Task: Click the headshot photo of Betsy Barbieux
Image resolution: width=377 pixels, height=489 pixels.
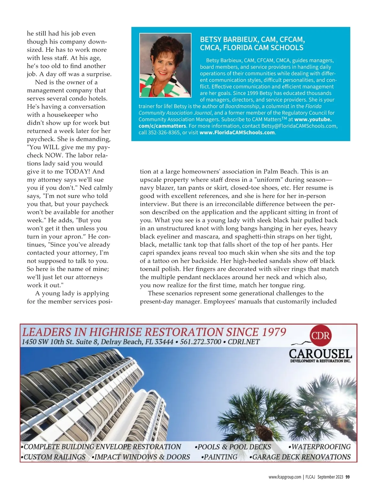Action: click(165, 65)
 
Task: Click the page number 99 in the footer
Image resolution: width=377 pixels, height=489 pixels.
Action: click(347, 477)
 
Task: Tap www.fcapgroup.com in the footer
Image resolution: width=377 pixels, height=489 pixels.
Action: click(285, 477)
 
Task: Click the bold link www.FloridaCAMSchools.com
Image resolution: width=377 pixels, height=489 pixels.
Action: click(237, 132)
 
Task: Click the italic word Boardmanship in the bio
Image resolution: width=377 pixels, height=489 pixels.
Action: click(242, 106)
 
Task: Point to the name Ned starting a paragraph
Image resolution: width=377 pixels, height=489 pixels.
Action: click(41, 82)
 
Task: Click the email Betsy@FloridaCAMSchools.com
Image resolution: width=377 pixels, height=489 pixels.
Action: click(299, 126)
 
